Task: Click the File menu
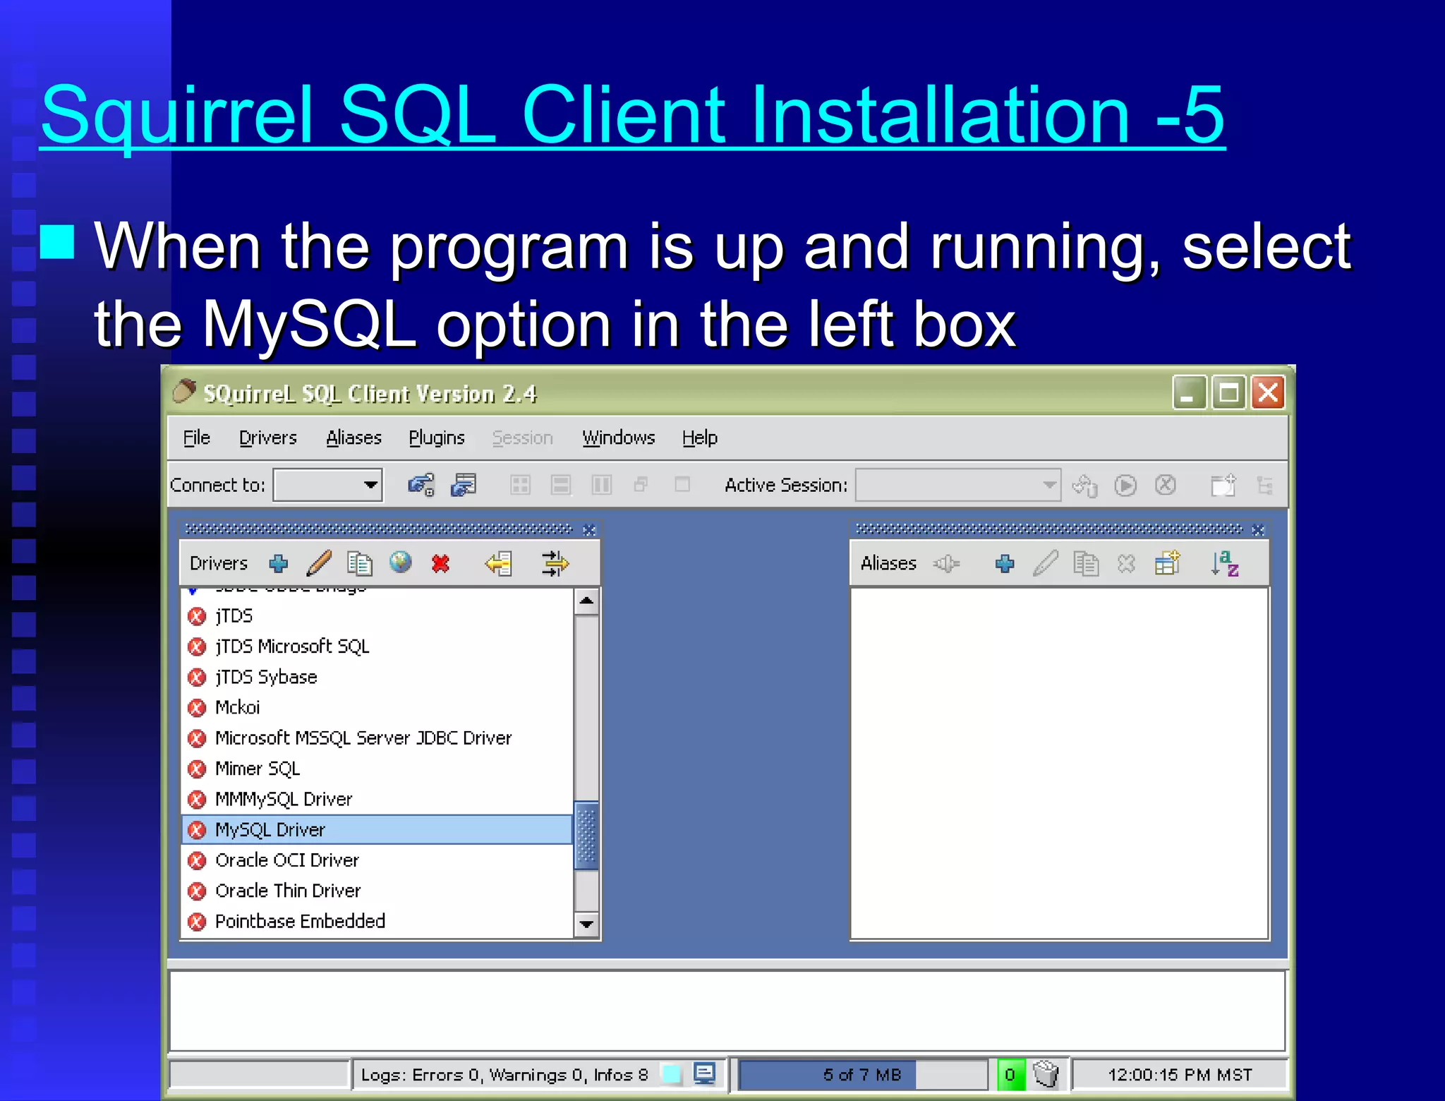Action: tap(196, 438)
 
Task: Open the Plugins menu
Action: tap(436, 438)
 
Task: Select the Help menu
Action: tap(699, 438)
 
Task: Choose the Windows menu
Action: tap(618, 438)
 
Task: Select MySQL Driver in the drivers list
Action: tap(270, 830)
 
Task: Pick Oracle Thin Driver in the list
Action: tap(288, 891)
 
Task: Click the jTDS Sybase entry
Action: tap(266, 678)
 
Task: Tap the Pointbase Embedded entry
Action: tap(300, 922)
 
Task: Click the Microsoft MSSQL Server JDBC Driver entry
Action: tap(363, 738)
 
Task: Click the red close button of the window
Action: tap(1268, 392)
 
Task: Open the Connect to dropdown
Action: tap(370, 485)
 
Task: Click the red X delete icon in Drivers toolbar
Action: tap(441, 563)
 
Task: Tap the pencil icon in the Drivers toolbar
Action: tap(320, 563)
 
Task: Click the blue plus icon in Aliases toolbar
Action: tap(1005, 563)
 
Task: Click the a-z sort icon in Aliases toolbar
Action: tap(1225, 563)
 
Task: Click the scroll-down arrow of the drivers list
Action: tap(586, 924)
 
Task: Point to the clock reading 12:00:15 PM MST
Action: tap(1179, 1075)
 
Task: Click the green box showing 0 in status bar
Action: tap(1010, 1075)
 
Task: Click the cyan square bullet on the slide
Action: tap(57, 242)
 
